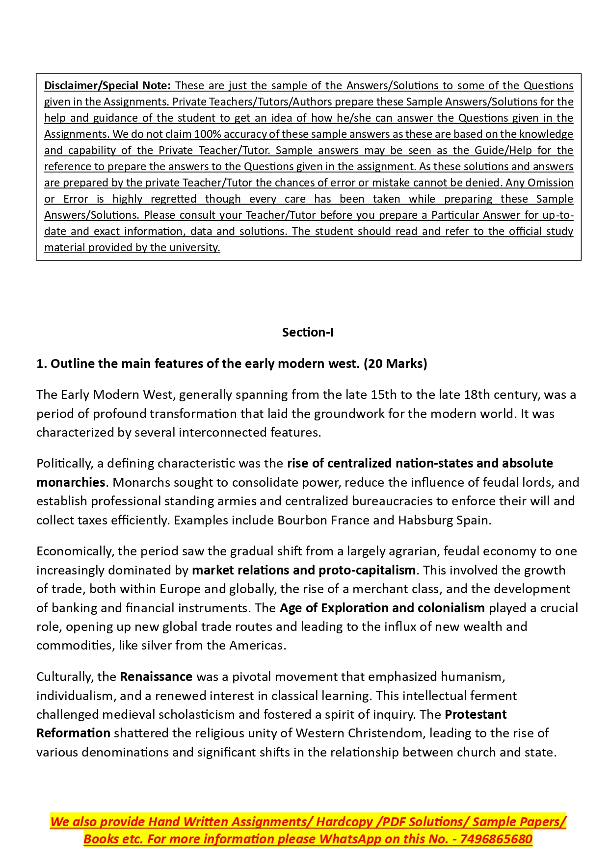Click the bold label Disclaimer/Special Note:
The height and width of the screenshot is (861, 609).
107,86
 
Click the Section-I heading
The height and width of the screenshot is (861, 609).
308,333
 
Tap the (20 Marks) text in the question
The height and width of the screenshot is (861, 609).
396,364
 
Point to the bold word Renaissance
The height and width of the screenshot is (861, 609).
156,677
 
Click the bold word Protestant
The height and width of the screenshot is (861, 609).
476,715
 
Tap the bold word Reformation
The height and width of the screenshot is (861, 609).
73,733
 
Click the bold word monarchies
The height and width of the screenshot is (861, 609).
71,482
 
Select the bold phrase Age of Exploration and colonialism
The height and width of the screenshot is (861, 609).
382,608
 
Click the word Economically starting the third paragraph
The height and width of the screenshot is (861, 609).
74,551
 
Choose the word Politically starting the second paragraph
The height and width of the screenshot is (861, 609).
64,464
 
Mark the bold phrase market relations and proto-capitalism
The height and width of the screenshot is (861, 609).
304,571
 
